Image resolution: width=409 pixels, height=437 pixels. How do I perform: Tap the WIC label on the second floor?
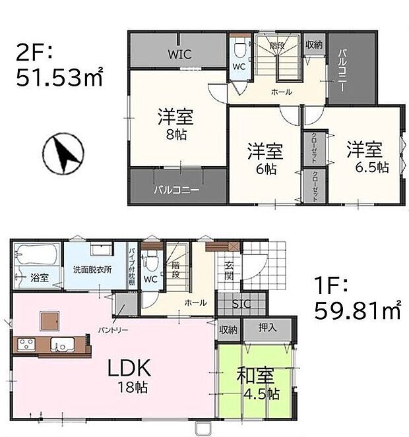[x=179, y=54]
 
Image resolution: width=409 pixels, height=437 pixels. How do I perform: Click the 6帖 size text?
[x=266, y=169]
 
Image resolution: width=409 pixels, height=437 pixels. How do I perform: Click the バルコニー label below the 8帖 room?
[x=177, y=190]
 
